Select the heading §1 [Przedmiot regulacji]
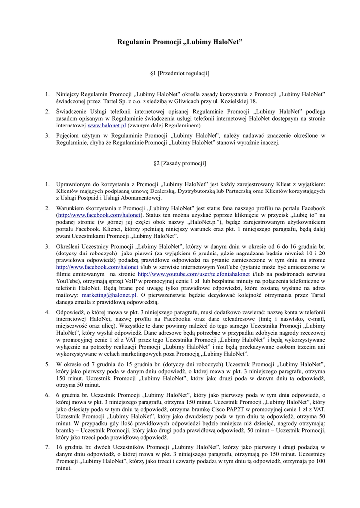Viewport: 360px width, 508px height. pos(180,74)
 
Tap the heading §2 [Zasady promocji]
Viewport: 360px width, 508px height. pos(180,163)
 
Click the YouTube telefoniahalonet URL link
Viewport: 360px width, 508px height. pos(194,274)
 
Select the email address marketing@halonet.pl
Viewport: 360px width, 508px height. pos(109,295)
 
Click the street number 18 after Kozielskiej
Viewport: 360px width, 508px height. pos(254,101)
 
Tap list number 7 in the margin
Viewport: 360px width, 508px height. pos(47,447)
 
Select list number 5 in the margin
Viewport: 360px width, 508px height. pos(47,365)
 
